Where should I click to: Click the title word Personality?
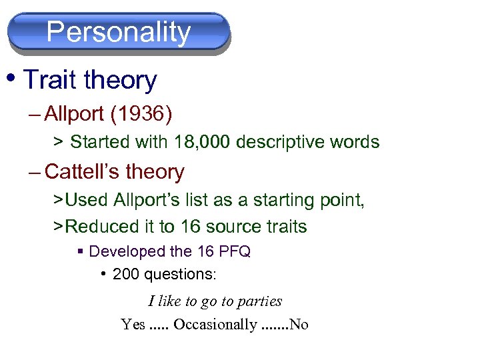(x=119, y=31)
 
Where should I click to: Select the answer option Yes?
(x=133, y=325)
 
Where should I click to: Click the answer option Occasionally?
(x=215, y=325)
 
